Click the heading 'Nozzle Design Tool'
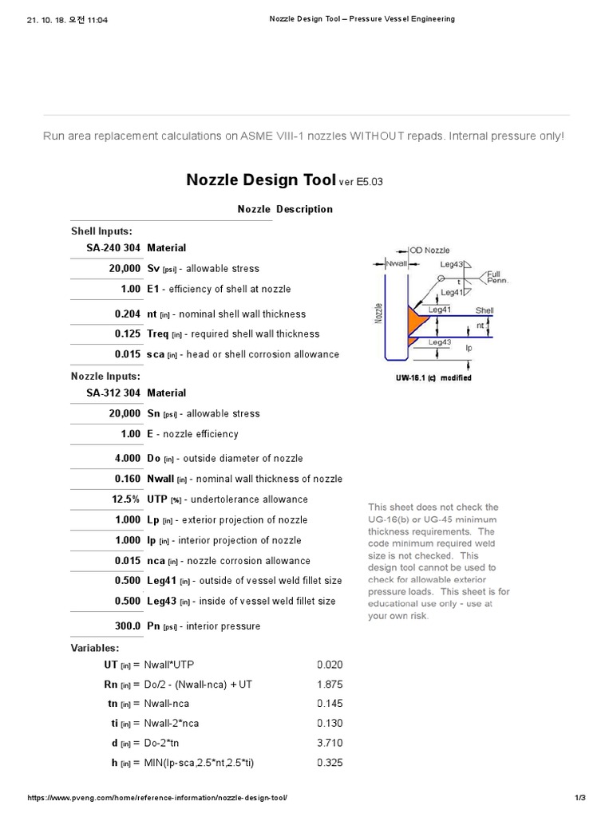(261, 180)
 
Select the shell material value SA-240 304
(113, 248)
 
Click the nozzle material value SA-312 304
(113, 393)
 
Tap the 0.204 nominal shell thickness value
(127, 314)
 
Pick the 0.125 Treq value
(127, 334)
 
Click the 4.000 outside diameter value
(127, 458)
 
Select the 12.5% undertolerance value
(125, 499)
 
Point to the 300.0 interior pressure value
(126, 626)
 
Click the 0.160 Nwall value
(127, 479)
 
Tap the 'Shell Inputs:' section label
(101, 231)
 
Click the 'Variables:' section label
(94, 648)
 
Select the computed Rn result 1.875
(330, 685)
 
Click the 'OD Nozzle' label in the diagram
(430, 250)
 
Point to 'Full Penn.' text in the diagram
(497, 277)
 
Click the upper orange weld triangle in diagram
(415, 318)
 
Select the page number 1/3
(580, 798)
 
